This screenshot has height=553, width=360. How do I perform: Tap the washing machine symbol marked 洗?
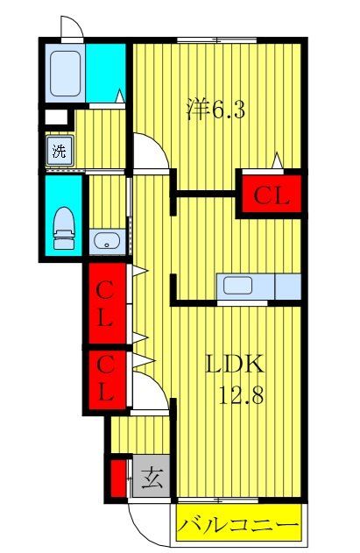[60, 150]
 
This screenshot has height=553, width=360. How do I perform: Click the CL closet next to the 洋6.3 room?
[272, 195]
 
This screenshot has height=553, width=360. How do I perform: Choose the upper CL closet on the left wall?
[105, 304]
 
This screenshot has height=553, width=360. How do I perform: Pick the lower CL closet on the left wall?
[105, 379]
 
